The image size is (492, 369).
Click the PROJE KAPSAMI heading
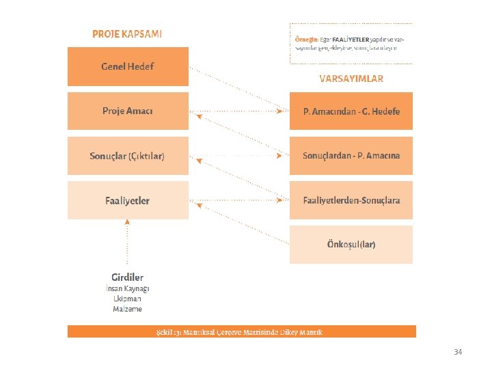(x=127, y=33)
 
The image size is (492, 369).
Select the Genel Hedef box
(x=128, y=66)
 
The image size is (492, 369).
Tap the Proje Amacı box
(x=128, y=111)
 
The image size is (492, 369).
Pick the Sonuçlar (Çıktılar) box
(x=128, y=156)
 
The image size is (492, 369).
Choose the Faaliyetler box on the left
(x=128, y=200)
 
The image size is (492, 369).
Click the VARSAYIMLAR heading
(x=351, y=79)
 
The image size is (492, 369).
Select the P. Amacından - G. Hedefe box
(x=351, y=111)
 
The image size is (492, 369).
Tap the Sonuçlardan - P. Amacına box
(x=351, y=156)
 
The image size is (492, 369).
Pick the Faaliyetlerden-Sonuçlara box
(x=351, y=200)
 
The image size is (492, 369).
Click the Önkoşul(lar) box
(x=351, y=245)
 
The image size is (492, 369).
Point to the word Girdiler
(x=127, y=277)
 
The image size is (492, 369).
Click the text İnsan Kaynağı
(x=131, y=288)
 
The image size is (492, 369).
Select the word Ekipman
(x=127, y=299)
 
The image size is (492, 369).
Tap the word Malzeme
(x=127, y=309)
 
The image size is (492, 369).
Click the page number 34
(x=458, y=352)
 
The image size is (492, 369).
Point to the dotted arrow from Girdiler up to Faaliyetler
(x=127, y=243)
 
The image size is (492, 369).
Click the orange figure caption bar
(x=241, y=332)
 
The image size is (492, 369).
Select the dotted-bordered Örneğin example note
(x=351, y=44)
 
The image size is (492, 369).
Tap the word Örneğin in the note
(x=307, y=39)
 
